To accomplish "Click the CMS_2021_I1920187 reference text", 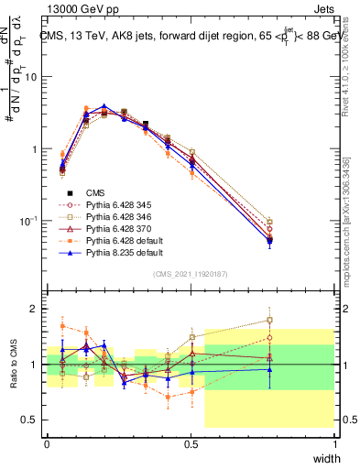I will [191, 274].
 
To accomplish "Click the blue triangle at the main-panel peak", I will [104, 106].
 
